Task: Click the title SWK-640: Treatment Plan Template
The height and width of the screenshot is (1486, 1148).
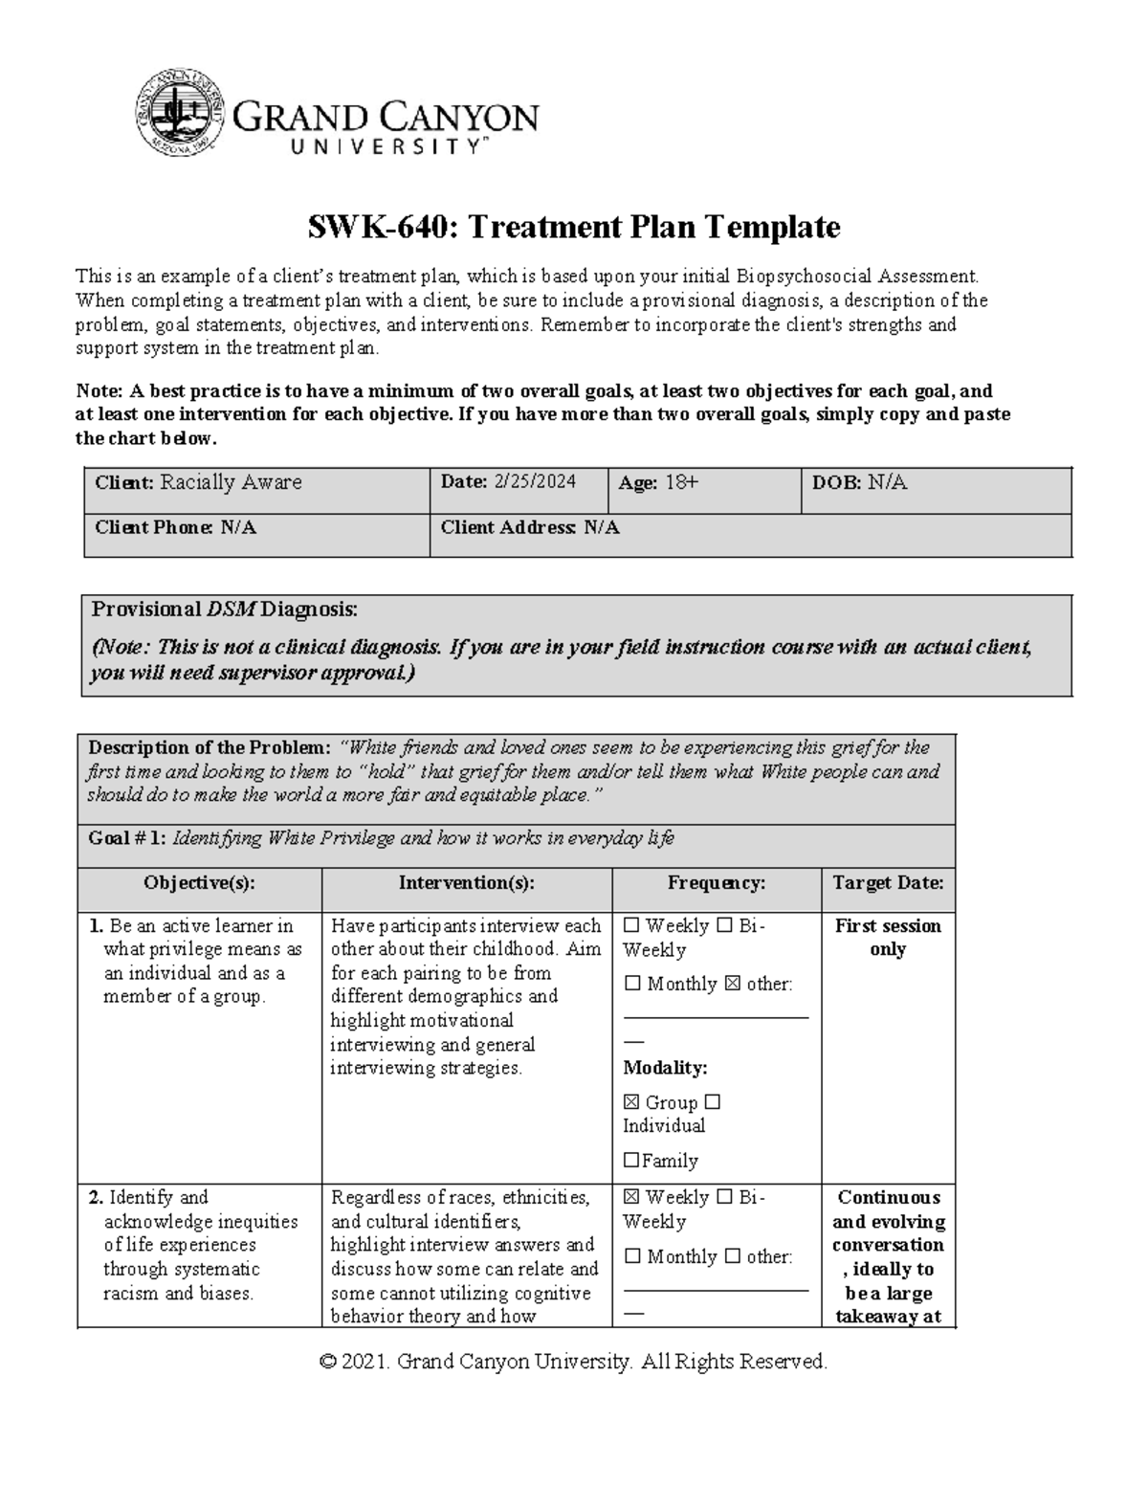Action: (x=573, y=227)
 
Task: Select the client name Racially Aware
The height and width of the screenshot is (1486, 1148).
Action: (x=231, y=482)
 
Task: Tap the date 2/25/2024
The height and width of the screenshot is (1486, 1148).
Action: (x=535, y=482)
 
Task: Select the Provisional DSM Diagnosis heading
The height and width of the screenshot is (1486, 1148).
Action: (x=224, y=610)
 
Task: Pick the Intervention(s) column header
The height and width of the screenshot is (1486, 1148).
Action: (x=466, y=883)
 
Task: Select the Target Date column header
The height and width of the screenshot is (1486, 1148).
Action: (x=888, y=883)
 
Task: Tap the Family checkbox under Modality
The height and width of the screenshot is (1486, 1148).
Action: (x=631, y=1161)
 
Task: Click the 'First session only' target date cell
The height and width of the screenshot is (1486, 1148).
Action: (x=888, y=938)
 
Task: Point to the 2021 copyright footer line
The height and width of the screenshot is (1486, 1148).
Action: (x=573, y=1362)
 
